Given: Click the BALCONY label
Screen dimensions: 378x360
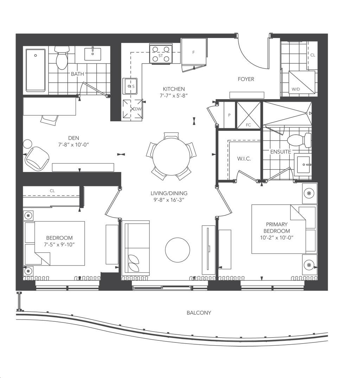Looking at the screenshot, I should (x=199, y=313).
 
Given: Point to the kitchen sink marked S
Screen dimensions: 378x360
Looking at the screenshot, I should (x=130, y=86).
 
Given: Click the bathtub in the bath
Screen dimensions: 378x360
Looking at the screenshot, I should (x=36, y=70).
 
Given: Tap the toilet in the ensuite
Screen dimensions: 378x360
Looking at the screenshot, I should (x=300, y=140).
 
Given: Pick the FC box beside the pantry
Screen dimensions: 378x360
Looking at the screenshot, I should (x=249, y=115).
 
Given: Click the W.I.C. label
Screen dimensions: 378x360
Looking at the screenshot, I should (x=244, y=159).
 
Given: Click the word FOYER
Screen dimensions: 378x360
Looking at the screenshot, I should (x=246, y=79).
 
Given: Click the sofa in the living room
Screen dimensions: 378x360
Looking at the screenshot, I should (x=135, y=248).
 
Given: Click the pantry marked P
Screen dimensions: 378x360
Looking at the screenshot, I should (x=229, y=115).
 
